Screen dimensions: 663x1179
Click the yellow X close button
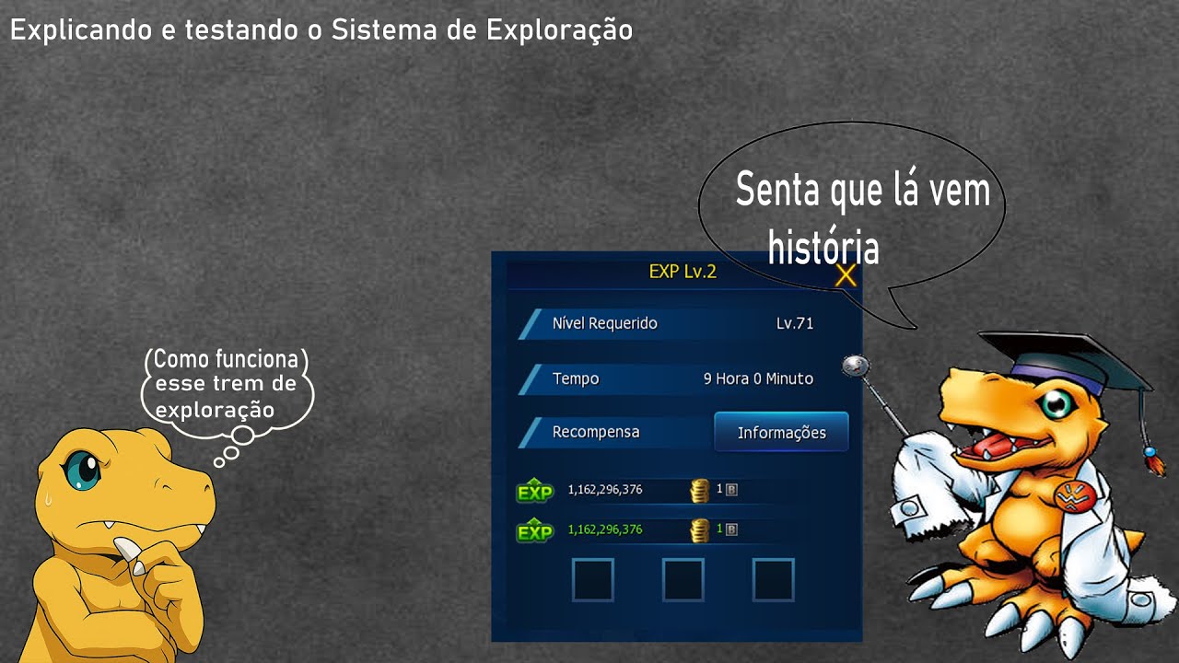(846, 274)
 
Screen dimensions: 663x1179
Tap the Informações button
(781, 432)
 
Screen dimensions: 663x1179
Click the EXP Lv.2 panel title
(683, 271)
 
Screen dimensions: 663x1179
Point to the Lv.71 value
(794, 323)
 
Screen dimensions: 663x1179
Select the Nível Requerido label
(604, 323)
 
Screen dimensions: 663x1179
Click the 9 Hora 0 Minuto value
(758, 378)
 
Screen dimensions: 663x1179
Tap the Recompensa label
(595, 432)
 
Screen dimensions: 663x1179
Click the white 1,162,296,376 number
(605, 490)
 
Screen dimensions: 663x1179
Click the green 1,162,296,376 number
(605, 529)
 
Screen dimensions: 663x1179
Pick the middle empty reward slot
(683, 580)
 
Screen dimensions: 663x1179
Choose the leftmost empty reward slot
(592, 580)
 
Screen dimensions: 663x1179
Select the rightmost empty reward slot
(773, 580)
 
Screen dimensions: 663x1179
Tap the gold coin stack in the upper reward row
(700, 490)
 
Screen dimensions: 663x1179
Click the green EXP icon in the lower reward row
(534, 531)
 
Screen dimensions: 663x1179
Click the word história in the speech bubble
(823, 248)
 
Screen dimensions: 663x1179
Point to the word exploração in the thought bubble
(215, 410)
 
